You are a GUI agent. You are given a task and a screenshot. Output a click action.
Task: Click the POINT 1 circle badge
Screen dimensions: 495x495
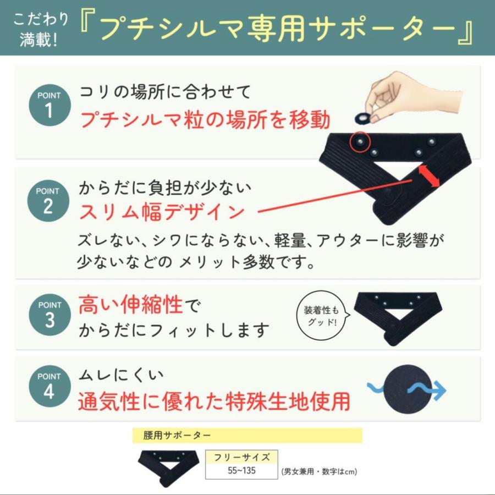coord(50,105)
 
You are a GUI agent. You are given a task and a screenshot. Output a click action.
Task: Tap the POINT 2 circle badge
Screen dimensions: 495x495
coord(50,201)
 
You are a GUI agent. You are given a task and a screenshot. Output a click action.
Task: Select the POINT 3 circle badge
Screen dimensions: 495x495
coord(50,315)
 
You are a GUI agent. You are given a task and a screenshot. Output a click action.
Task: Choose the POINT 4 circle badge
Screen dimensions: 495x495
coord(50,387)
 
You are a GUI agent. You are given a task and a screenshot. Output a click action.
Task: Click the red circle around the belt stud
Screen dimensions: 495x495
coord(360,142)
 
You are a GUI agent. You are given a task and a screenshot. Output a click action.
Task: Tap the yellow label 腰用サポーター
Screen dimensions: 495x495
coord(247,435)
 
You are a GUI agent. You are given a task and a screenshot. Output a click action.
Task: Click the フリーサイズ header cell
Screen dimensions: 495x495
coord(241,457)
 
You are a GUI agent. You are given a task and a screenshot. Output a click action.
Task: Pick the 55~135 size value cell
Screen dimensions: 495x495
coord(241,471)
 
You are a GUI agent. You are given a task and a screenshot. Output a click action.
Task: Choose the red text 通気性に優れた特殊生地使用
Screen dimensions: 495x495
coord(214,401)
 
